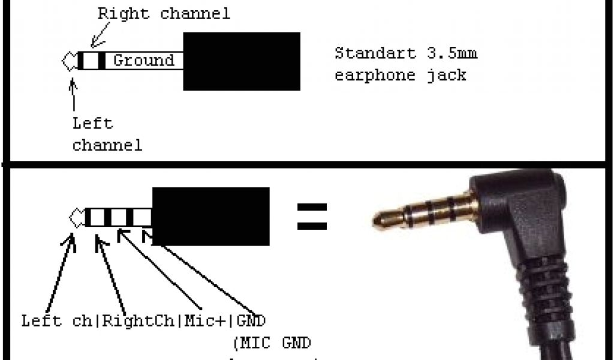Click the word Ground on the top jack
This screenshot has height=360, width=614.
143,60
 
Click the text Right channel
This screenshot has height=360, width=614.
164,14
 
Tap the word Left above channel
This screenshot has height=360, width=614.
92,124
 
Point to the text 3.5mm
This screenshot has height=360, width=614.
452,53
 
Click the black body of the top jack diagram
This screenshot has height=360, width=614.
241,61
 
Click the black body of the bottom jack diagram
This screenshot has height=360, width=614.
211,216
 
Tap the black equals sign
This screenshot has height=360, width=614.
312,217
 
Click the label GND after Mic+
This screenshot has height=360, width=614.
251,320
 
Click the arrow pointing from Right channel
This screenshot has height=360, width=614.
97,38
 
